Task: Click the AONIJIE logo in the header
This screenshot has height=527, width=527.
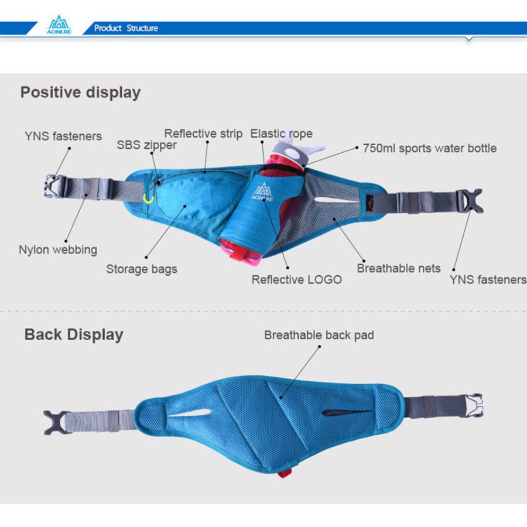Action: click(x=59, y=27)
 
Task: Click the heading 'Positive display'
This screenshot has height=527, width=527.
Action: click(x=81, y=93)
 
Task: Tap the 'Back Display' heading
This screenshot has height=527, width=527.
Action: click(x=74, y=335)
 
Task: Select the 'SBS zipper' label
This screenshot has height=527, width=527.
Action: click(x=146, y=145)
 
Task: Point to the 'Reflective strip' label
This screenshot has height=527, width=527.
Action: click(x=203, y=134)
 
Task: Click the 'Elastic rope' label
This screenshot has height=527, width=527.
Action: click(x=282, y=134)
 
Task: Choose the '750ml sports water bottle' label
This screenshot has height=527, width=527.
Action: click(x=429, y=148)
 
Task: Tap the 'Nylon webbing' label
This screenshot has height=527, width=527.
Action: click(x=58, y=249)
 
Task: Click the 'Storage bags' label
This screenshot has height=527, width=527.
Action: click(x=142, y=269)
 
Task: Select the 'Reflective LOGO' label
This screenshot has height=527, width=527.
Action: click(x=297, y=279)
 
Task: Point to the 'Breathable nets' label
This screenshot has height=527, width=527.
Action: click(x=399, y=268)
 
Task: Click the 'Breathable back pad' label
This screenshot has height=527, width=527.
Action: click(x=319, y=335)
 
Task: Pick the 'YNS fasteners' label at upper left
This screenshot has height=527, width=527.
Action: click(x=63, y=136)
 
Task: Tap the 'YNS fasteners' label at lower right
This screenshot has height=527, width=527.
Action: click(x=488, y=280)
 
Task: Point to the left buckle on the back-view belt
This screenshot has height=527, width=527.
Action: click(x=55, y=422)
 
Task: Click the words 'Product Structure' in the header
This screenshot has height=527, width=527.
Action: click(x=126, y=28)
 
